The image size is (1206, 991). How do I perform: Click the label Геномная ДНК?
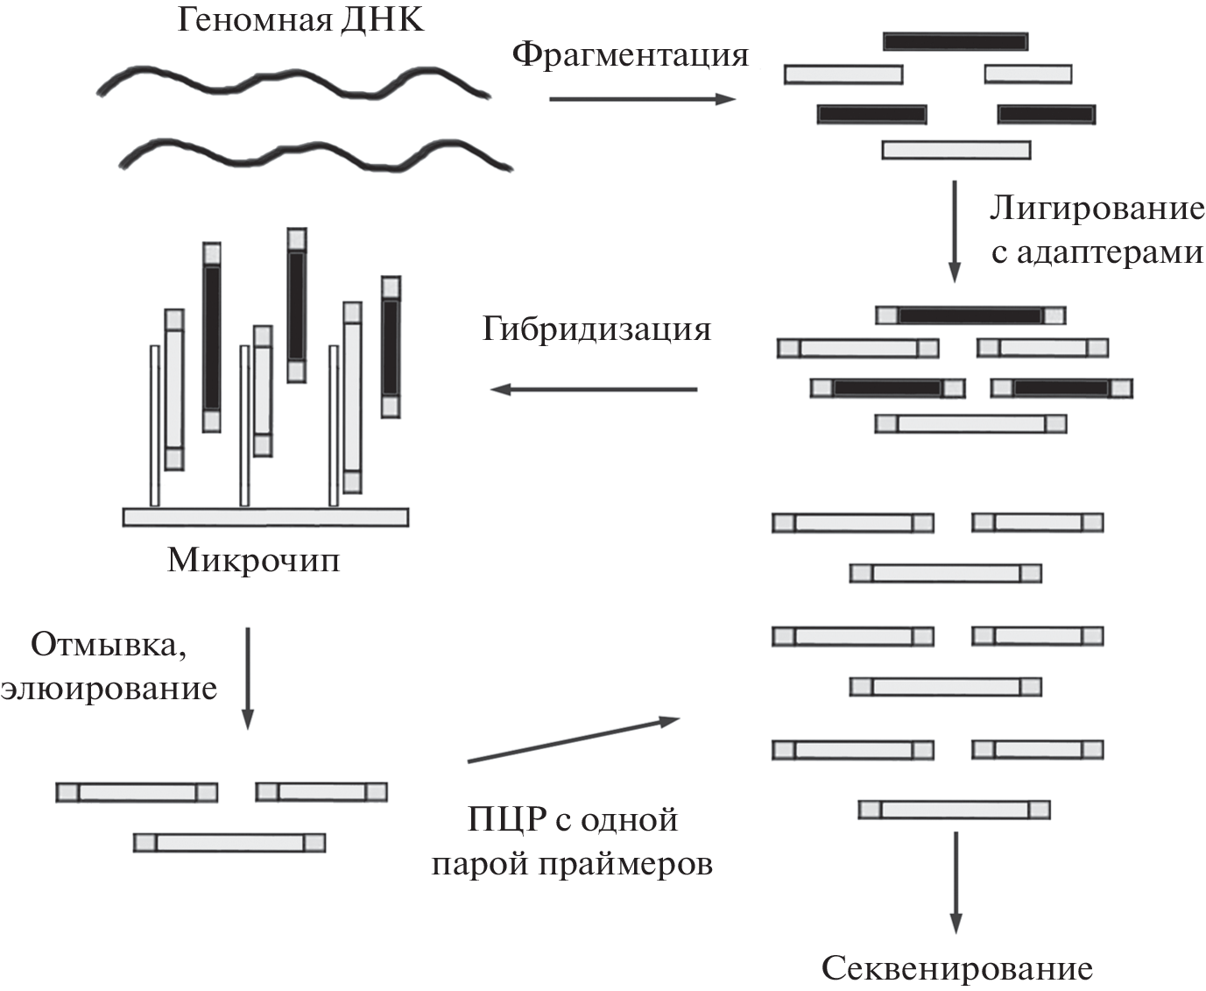[300, 19]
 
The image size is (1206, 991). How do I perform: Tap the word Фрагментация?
[631, 55]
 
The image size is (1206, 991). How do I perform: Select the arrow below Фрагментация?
[641, 100]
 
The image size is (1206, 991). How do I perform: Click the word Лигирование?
[1097, 209]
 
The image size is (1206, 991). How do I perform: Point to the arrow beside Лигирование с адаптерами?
[955, 231]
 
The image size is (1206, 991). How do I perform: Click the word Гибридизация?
[596, 329]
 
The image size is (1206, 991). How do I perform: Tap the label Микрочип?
[253, 559]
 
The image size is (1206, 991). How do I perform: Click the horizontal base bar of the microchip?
[265, 517]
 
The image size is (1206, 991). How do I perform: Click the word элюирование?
[109, 688]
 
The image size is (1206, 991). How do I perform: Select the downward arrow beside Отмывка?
[248, 677]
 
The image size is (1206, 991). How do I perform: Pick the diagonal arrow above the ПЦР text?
[574, 740]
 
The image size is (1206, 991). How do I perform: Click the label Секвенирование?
[956, 968]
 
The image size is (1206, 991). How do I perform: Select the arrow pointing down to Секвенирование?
[956, 881]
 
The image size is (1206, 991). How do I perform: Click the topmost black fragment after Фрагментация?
[956, 41]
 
